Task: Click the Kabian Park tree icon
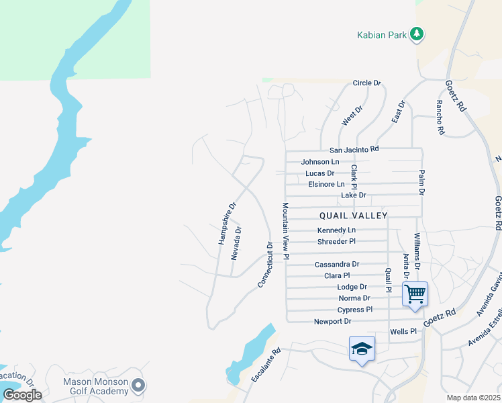pyautogui.click(x=417, y=34)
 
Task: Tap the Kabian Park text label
pyautogui.click(x=381, y=35)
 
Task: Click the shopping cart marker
pyautogui.click(x=415, y=294)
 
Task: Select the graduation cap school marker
pyautogui.click(x=362, y=349)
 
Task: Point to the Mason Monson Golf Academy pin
pyautogui.click(x=138, y=386)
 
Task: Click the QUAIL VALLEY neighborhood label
pyautogui.click(x=354, y=215)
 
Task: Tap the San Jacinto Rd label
pyautogui.click(x=354, y=149)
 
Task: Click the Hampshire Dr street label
pyautogui.click(x=228, y=223)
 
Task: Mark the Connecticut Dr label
pyautogui.click(x=266, y=265)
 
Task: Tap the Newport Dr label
pyautogui.click(x=332, y=322)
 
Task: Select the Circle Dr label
pyautogui.click(x=367, y=83)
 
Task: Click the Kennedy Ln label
pyautogui.click(x=336, y=230)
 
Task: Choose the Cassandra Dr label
pyautogui.click(x=337, y=265)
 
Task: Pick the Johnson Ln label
pyautogui.click(x=320, y=162)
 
